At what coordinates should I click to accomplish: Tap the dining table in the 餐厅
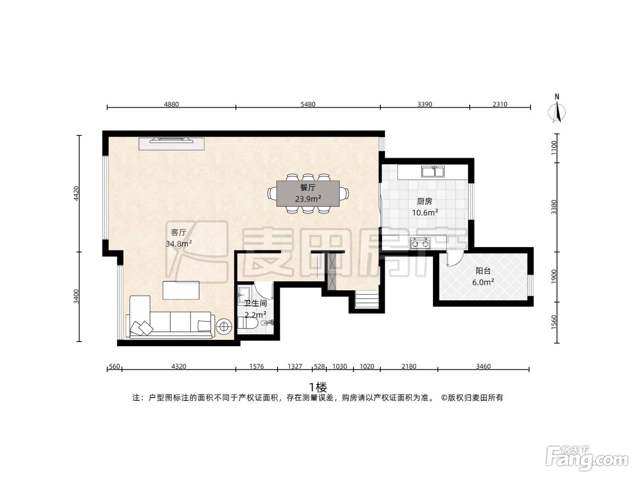pyautogui.click(x=308, y=194)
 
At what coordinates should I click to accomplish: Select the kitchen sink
pyautogui.click(x=433, y=171)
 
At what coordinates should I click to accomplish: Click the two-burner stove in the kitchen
pyautogui.click(x=420, y=243)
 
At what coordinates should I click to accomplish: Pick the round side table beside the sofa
pyautogui.click(x=224, y=327)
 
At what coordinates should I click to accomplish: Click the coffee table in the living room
pyautogui.click(x=181, y=290)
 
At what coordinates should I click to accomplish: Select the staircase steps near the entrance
pyautogui.click(x=367, y=299)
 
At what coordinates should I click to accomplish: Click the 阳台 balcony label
pyautogui.click(x=483, y=271)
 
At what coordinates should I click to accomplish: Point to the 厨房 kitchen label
pyautogui.click(x=424, y=201)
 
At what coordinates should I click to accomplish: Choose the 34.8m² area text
pyautogui.click(x=179, y=244)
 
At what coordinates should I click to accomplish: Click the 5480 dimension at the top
pyautogui.click(x=308, y=104)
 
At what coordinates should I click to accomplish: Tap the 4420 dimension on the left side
pyautogui.click(x=76, y=194)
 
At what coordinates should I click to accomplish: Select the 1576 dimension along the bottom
pyautogui.click(x=256, y=366)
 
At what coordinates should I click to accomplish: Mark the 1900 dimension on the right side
pyautogui.click(x=554, y=277)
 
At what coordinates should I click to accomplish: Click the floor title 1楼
pyautogui.click(x=318, y=387)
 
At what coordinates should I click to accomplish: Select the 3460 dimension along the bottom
pyautogui.click(x=483, y=366)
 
